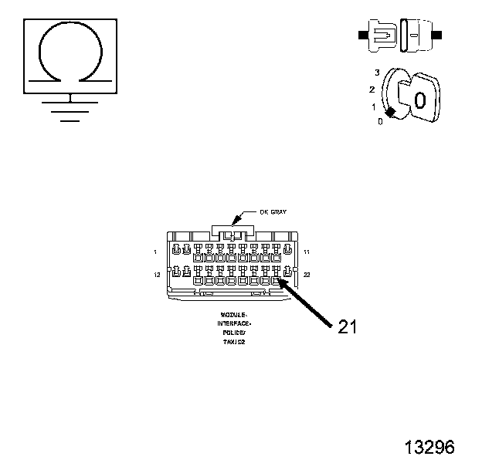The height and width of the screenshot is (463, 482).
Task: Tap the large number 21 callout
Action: [x=348, y=326]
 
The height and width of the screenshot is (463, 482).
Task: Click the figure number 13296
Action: [x=429, y=447]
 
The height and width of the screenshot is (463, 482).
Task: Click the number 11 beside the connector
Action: [x=307, y=252]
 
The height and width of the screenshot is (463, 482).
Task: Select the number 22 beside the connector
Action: [x=307, y=274]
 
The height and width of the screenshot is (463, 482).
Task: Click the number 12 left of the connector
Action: [x=157, y=274]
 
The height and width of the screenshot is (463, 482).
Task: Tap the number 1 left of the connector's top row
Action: [x=155, y=252]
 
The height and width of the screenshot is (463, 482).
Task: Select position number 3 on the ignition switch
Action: [x=377, y=73]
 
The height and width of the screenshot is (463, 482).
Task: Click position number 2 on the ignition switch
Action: [x=372, y=90]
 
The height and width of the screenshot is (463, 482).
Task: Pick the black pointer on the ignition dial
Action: [x=391, y=113]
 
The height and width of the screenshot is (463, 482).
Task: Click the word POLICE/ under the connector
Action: [x=233, y=332]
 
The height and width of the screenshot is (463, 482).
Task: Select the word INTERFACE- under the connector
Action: [x=233, y=324]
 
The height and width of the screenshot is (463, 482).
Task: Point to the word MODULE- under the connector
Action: [x=233, y=316]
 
